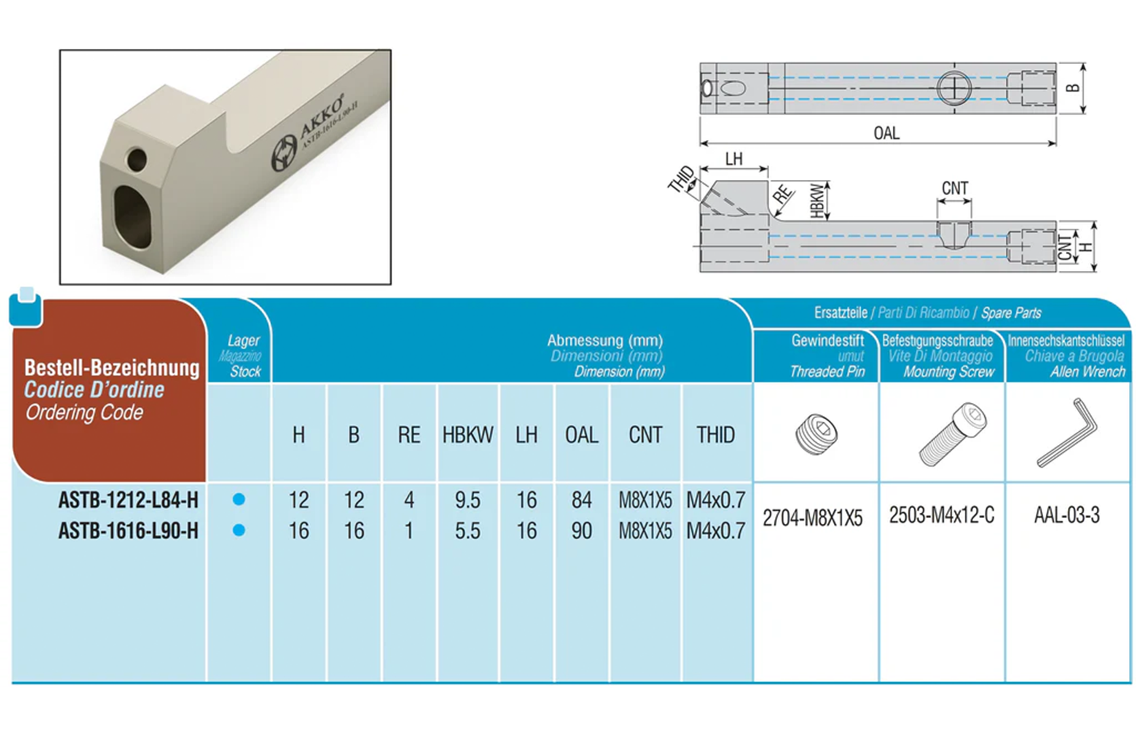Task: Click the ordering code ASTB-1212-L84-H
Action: (x=128, y=500)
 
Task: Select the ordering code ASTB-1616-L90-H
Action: (x=128, y=530)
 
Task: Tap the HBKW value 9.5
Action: (x=468, y=500)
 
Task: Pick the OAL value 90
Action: (x=581, y=530)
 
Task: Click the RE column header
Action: (x=409, y=435)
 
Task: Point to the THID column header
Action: (x=715, y=435)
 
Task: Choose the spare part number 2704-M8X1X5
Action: (x=812, y=518)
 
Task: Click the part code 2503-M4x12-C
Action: (x=941, y=515)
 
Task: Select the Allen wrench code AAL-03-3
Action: (x=1067, y=515)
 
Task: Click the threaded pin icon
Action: (x=816, y=434)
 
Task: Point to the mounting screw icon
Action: (x=952, y=434)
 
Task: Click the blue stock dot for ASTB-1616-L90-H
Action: (x=239, y=530)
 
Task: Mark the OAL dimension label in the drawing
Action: (x=886, y=133)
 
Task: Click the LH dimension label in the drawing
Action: (x=734, y=159)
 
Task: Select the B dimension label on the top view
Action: (x=1073, y=88)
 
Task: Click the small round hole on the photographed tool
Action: (x=137, y=159)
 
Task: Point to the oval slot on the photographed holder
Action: (x=133, y=217)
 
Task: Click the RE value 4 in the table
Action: (x=409, y=500)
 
